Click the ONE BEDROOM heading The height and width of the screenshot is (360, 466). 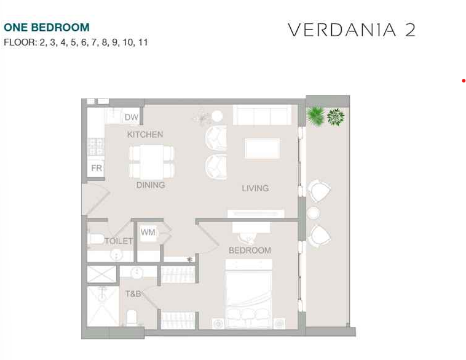(x=46, y=27)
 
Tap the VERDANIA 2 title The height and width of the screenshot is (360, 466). (x=352, y=30)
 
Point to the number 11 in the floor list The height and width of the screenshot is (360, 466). (x=143, y=42)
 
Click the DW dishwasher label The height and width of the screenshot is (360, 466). (x=132, y=117)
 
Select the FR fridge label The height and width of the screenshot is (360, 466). (x=97, y=168)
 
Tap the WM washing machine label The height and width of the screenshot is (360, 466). (x=148, y=232)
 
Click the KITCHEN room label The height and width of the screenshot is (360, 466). (x=145, y=135)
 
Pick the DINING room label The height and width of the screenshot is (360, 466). (x=151, y=185)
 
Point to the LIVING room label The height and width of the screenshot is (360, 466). (x=255, y=188)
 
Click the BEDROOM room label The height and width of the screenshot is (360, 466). (x=250, y=250)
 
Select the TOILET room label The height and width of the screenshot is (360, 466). (x=119, y=241)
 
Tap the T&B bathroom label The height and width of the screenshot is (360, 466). (x=133, y=294)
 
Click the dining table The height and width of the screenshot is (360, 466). (x=152, y=162)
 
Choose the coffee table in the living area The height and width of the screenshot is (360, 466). (x=262, y=148)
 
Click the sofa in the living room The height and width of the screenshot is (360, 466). (x=262, y=115)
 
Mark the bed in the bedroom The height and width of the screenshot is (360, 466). (x=249, y=294)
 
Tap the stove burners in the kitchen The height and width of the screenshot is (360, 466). (x=96, y=147)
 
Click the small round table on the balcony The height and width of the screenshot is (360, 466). (x=314, y=214)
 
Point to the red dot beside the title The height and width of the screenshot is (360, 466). (x=464, y=81)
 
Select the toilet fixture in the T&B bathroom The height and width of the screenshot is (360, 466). (x=132, y=318)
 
